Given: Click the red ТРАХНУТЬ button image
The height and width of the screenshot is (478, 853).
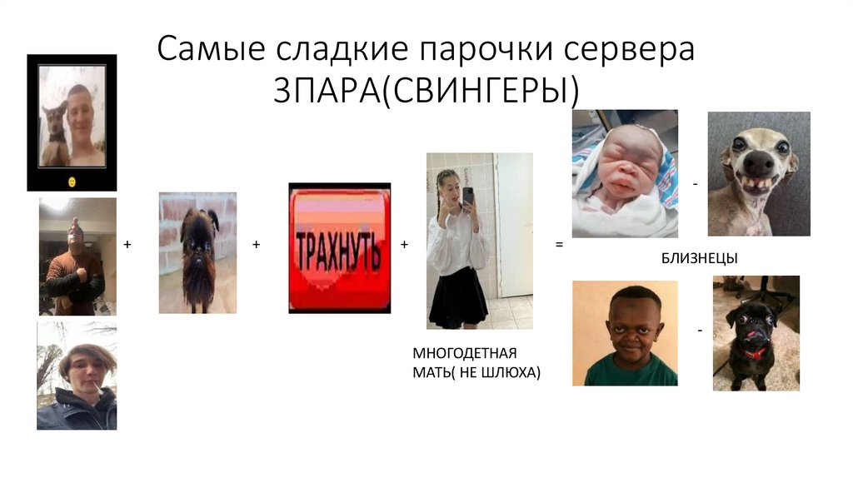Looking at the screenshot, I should tap(339, 247).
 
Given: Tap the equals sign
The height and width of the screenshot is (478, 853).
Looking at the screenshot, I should tap(559, 245).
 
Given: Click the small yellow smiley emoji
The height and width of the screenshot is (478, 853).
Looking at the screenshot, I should tap(72, 181).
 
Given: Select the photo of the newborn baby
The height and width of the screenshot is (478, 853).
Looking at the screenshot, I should tap(625, 173).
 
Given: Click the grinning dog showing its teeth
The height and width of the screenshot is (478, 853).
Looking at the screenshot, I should tap(759, 173).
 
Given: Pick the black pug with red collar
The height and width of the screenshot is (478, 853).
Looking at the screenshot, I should tap(754, 333).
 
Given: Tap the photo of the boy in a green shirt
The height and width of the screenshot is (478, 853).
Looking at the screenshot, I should tap(625, 333).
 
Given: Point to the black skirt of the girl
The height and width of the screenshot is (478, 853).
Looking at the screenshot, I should tap(456, 296).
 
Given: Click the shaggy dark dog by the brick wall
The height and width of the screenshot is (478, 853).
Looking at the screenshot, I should tap(197, 254).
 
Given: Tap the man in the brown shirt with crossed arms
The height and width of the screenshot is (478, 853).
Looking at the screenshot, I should tap(76, 256).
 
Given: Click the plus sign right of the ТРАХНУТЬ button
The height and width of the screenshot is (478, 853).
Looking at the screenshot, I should tap(404, 245).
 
